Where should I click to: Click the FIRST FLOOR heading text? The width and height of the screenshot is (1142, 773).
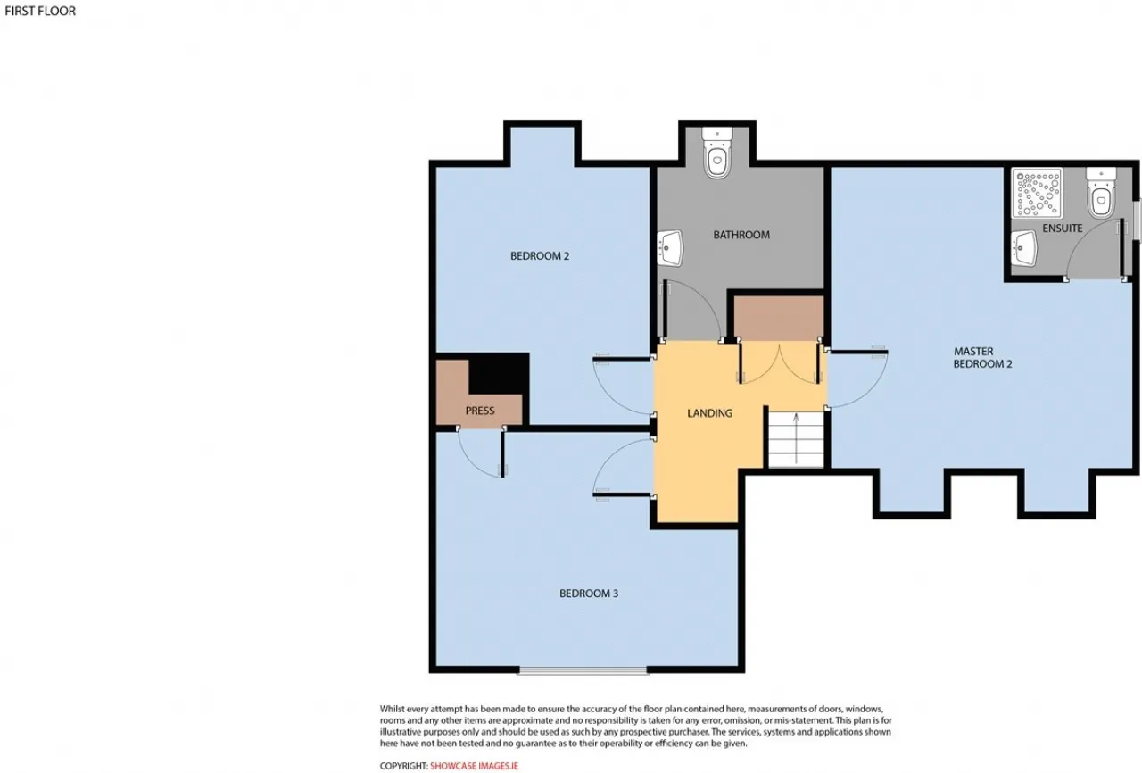(x=40, y=11)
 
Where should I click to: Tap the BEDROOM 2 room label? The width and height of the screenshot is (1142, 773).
(x=540, y=256)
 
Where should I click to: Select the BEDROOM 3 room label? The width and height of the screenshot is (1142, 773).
(x=589, y=594)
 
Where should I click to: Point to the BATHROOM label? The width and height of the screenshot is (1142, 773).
(x=741, y=235)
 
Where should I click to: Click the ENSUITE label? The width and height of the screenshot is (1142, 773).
(x=1062, y=229)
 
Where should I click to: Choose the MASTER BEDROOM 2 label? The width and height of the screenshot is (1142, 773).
(x=982, y=357)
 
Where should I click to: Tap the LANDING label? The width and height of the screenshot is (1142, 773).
(x=709, y=413)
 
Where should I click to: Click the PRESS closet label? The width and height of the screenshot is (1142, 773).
(x=480, y=411)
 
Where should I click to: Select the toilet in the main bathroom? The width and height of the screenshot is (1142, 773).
(x=716, y=153)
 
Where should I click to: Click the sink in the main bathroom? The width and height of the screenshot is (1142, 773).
(x=670, y=248)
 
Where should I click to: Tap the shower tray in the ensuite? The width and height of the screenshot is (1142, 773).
(x=1037, y=194)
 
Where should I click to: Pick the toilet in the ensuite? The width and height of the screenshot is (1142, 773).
(x=1101, y=193)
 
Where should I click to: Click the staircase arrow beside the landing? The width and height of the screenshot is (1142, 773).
(x=796, y=438)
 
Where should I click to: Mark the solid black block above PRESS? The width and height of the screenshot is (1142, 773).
(x=499, y=373)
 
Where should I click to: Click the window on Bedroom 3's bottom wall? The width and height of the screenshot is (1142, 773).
(x=583, y=670)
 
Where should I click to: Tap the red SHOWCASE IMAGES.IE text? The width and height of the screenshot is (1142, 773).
(x=474, y=766)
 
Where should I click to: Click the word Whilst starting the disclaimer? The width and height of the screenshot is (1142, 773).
(x=393, y=709)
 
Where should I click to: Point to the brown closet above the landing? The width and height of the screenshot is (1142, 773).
(x=779, y=318)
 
